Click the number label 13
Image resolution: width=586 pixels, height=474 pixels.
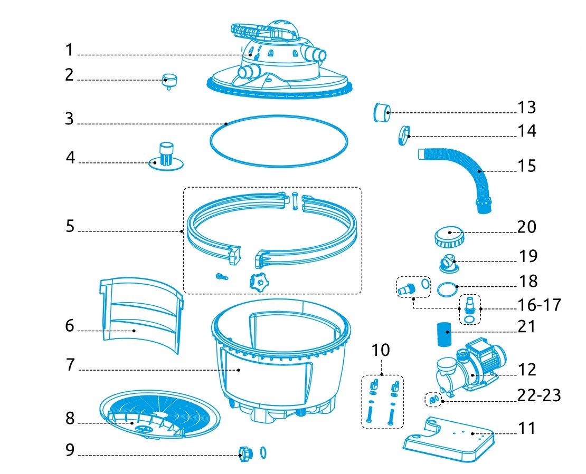click(526, 108)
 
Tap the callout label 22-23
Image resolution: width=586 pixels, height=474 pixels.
click(538, 395)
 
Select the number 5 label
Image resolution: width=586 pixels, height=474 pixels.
click(70, 226)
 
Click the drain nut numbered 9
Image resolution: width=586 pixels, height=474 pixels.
click(247, 452)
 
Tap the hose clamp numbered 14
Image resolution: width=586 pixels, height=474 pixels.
click(405, 134)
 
